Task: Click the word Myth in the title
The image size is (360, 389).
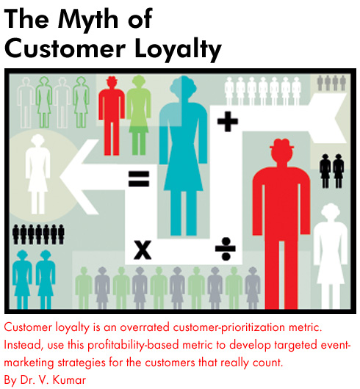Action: pyautogui.click(x=87, y=21)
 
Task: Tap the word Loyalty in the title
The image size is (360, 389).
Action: pyautogui.click(x=178, y=49)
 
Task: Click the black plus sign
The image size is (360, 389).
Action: pyautogui.click(x=228, y=121)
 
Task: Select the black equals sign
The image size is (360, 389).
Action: pyautogui.click(x=139, y=178)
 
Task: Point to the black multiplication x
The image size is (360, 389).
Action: pyautogui.click(x=143, y=250)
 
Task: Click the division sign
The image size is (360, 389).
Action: pyautogui.click(x=226, y=249)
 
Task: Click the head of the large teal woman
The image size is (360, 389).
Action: pyautogui.click(x=183, y=87)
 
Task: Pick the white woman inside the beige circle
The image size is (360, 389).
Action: pyautogui.click(x=38, y=174)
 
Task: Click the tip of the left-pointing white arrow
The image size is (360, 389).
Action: pyautogui.click(x=60, y=177)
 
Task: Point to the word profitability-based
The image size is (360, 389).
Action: pyautogui.click(x=133, y=346)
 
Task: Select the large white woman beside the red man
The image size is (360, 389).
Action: pyautogui.click(x=331, y=256)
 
